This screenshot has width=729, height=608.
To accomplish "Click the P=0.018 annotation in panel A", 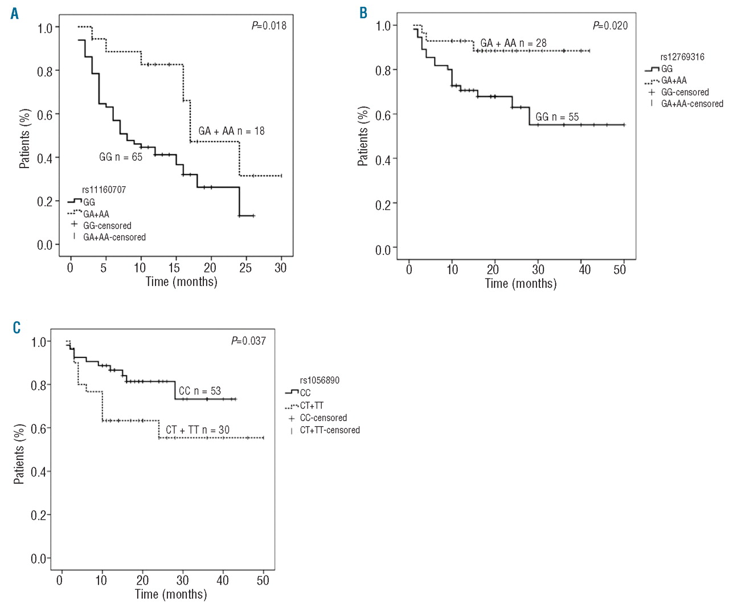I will click(x=269, y=26).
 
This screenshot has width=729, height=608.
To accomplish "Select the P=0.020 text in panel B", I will click(x=610, y=26).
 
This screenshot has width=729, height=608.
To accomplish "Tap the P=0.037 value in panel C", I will click(x=248, y=341).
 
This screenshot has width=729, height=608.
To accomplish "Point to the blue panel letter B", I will click(x=363, y=13).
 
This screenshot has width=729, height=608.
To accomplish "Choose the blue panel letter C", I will click(x=17, y=328).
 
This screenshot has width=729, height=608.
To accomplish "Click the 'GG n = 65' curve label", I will click(x=121, y=157).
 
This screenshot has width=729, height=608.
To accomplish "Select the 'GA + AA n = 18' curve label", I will click(x=231, y=131).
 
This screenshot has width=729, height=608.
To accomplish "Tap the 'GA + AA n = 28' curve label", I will click(x=513, y=43).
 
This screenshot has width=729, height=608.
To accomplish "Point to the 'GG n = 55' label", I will click(x=557, y=117).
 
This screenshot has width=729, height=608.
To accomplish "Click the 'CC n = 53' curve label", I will click(x=199, y=391).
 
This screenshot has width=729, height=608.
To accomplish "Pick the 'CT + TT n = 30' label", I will click(x=198, y=430).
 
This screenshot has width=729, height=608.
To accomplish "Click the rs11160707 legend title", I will click(x=104, y=190).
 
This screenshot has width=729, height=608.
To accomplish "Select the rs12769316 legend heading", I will click(x=682, y=57).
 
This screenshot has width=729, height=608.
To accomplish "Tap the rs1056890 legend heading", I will click(x=320, y=380).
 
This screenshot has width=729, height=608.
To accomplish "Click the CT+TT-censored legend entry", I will click(x=330, y=430).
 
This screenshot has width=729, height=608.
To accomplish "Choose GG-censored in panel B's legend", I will click(x=685, y=92).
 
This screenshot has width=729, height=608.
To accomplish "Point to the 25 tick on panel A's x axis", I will click(x=245, y=268).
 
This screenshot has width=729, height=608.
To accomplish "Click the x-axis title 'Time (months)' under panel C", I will click(x=171, y=594).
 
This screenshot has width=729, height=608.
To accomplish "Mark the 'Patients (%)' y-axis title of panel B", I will click(x=363, y=136).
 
